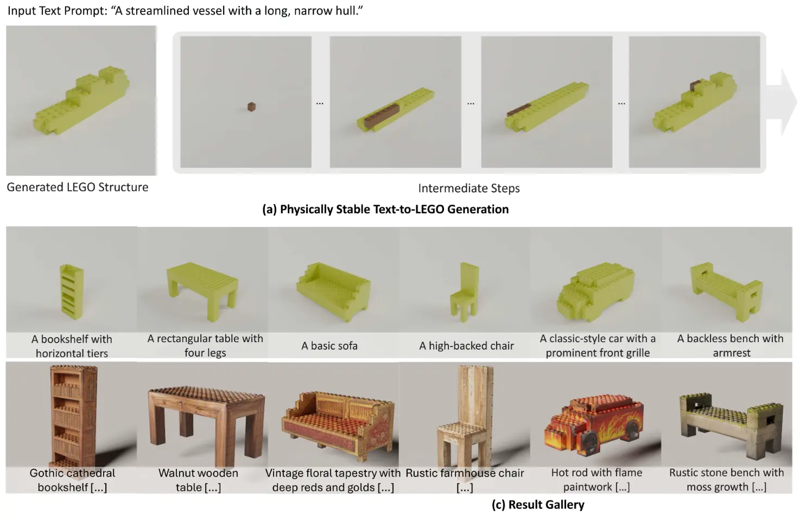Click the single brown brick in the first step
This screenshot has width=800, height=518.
[x=251, y=107]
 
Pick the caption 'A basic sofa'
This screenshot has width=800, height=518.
[x=329, y=346]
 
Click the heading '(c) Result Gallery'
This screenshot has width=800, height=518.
[x=537, y=504]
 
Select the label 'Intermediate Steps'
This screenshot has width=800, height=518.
[x=468, y=188]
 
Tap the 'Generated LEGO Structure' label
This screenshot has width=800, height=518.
[x=77, y=187]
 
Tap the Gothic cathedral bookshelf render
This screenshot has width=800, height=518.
[x=73, y=415]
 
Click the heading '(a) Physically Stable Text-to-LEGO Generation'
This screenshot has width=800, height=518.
[x=385, y=210]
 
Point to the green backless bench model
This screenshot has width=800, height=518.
[x=726, y=288]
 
